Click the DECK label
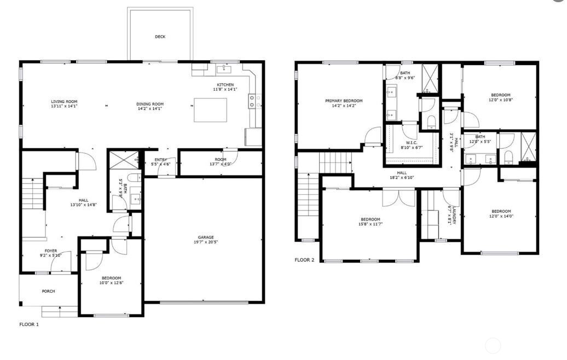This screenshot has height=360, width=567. (160, 37)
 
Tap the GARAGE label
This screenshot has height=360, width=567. (206, 237)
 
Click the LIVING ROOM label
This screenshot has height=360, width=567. (64, 101)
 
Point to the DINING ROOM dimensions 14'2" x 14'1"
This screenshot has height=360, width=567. (150, 108)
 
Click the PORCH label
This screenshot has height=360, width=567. (48, 291)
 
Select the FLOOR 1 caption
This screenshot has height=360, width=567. (29, 324)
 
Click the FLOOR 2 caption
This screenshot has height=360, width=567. (304, 260)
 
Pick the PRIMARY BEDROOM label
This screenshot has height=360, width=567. (344, 101)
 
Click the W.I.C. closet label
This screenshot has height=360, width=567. (412, 142)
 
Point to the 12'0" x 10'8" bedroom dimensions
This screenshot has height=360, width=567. (501, 100)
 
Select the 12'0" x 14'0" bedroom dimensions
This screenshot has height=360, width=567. (501, 216)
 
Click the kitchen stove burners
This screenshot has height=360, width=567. (252, 101)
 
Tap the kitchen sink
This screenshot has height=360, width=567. (224, 69)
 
